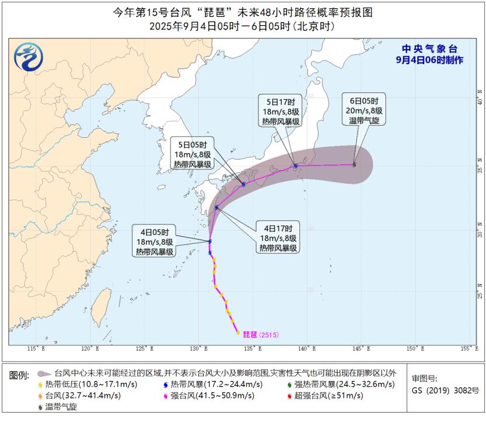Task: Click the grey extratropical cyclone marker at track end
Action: pos(354,164)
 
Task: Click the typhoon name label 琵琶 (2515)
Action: pos(261,334)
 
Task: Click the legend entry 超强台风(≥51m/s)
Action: pos(327,396)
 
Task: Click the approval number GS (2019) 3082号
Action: pos(444,390)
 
